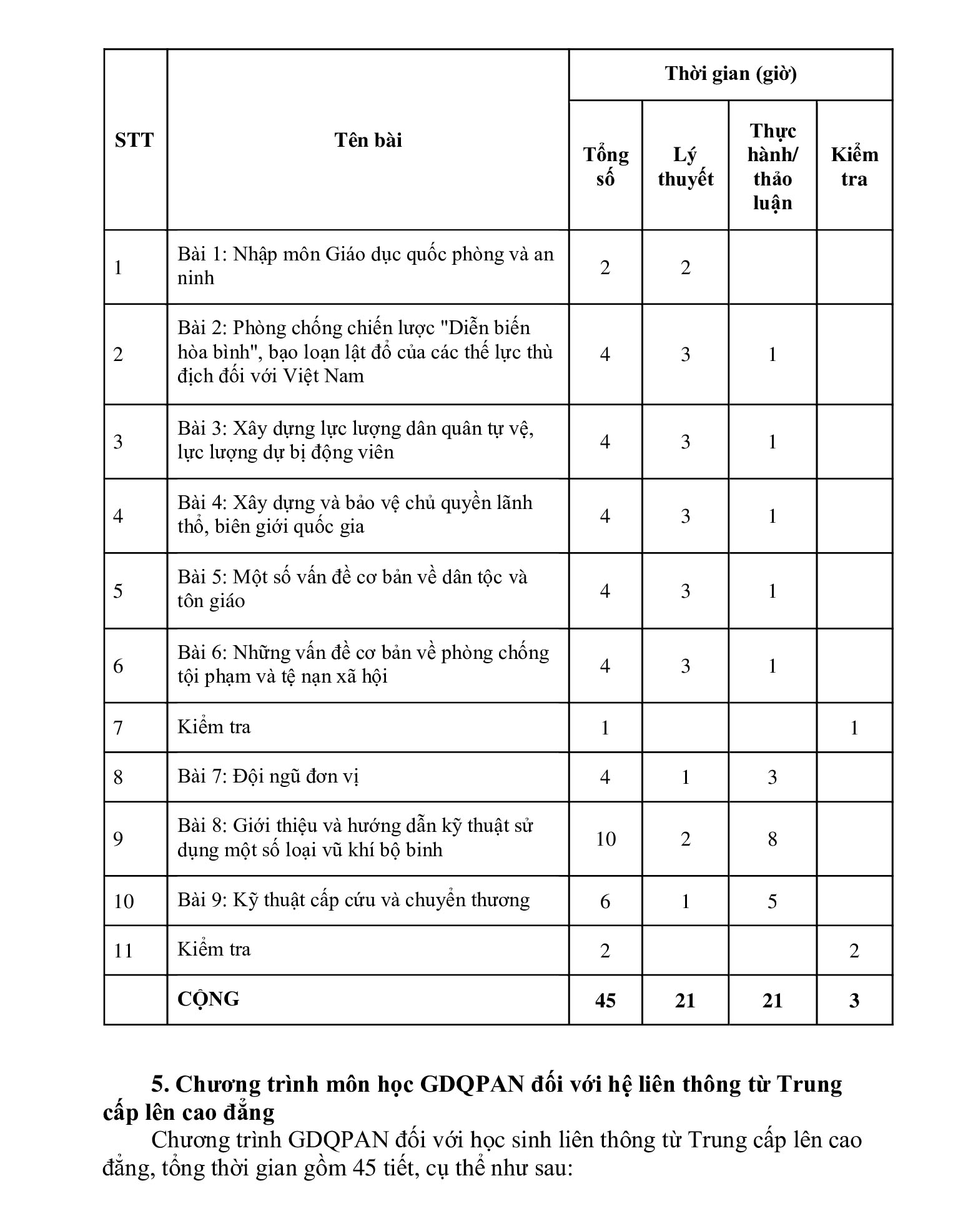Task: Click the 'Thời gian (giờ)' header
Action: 730,74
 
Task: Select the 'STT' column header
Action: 134,140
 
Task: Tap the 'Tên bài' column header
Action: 368,140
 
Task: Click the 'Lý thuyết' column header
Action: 685,167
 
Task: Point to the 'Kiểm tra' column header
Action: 854,167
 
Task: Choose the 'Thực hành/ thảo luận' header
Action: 772,167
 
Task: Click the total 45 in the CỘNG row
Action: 605,1001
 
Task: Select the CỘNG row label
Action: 208,999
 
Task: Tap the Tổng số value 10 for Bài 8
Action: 605,839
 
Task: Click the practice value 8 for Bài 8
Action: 772,839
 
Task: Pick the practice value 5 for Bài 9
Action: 772,901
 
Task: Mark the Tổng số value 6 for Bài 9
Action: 605,901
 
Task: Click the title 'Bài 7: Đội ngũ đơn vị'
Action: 268,776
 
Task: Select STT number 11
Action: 124,951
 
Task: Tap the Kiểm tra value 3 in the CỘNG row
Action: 854,1001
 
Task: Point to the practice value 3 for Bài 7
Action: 772,777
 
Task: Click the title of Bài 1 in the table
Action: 365,266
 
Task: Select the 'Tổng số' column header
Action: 605,167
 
